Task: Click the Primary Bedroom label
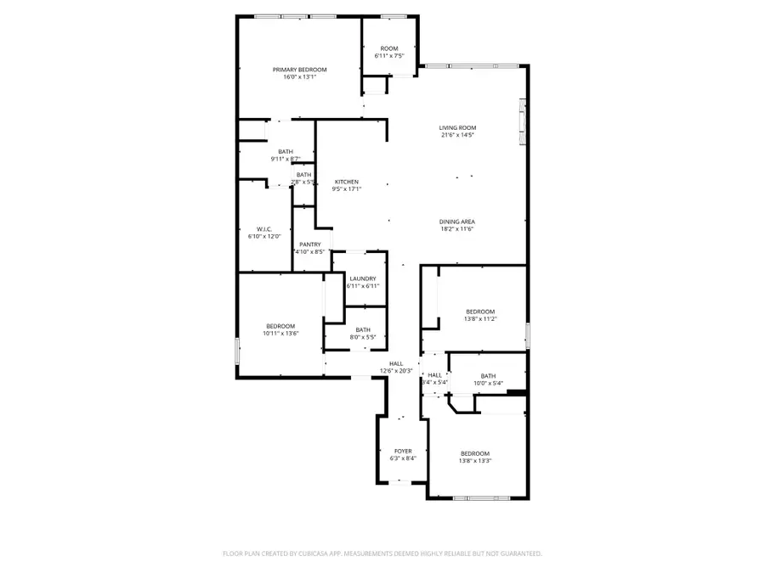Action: [x=299, y=70]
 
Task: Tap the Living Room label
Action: [x=457, y=127]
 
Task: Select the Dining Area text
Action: [x=457, y=222]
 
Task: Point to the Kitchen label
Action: [x=346, y=182]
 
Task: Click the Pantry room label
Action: [x=309, y=244]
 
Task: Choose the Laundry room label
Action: [x=363, y=278]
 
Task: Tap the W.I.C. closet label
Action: [x=263, y=229]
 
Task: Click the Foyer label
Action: [x=403, y=452]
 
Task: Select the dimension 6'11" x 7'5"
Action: [x=389, y=56]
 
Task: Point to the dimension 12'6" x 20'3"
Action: [x=396, y=370]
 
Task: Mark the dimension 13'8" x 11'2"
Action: [x=480, y=319]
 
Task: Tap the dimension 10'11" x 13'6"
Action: [x=280, y=334]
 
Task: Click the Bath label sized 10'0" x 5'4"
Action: [x=488, y=376]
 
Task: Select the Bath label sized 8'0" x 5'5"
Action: [x=363, y=330]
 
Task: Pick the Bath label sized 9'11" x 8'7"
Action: [x=286, y=151]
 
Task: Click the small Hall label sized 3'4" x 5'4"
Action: [x=435, y=374]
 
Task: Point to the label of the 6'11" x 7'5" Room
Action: [x=389, y=48]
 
